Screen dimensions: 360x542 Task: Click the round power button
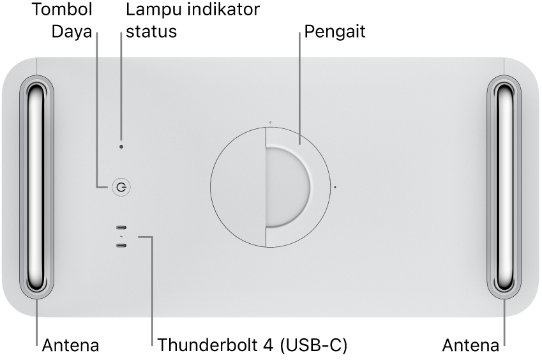(x=121, y=187)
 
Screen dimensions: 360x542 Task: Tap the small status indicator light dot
(x=122, y=146)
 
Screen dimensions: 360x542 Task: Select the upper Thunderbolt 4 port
(x=121, y=228)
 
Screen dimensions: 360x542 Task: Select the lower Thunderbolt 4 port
(x=121, y=245)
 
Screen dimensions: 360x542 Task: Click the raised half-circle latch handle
(x=289, y=186)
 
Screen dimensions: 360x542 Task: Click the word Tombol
(x=62, y=10)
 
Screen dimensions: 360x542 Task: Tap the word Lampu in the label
(x=152, y=10)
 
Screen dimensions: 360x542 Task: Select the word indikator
(x=221, y=10)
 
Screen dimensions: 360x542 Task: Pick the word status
(x=151, y=31)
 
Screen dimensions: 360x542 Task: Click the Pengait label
(x=335, y=31)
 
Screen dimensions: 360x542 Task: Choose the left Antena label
(x=70, y=346)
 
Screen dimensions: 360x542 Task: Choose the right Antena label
(x=471, y=346)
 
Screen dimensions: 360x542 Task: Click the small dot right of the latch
(x=335, y=188)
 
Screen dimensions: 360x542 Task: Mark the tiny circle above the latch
(x=270, y=121)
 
